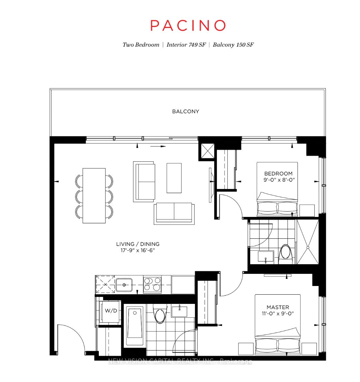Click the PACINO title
pyautogui.click(x=188, y=25)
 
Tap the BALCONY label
pyautogui.click(x=186, y=111)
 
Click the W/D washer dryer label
pyautogui.click(x=111, y=311)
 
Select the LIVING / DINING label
pyautogui.click(x=138, y=244)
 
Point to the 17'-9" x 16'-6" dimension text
pyautogui.click(x=138, y=250)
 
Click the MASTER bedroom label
pyautogui.click(x=278, y=307)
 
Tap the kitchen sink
pyautogui.click(x=124, y=285)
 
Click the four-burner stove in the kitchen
pyautogui.click(x=152, y=284)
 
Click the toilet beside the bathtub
pyautogui.click(x=160, y=314)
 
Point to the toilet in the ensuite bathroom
pyautogui.click(x=285, y=254)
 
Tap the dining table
pyautogui.click(x=94, y=195)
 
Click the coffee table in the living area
pyautogui.click(x=174, y=178)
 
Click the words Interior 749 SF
pyautogui.click(x=186, y=45)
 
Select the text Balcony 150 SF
pyautogui.click(x=233, y=45)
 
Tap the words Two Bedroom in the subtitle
pyautogui.click(x=141, y=45)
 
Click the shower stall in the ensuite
pyautogui.click(x=307, y=242)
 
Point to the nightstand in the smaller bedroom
pyautogui.click(x=307, y=210)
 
